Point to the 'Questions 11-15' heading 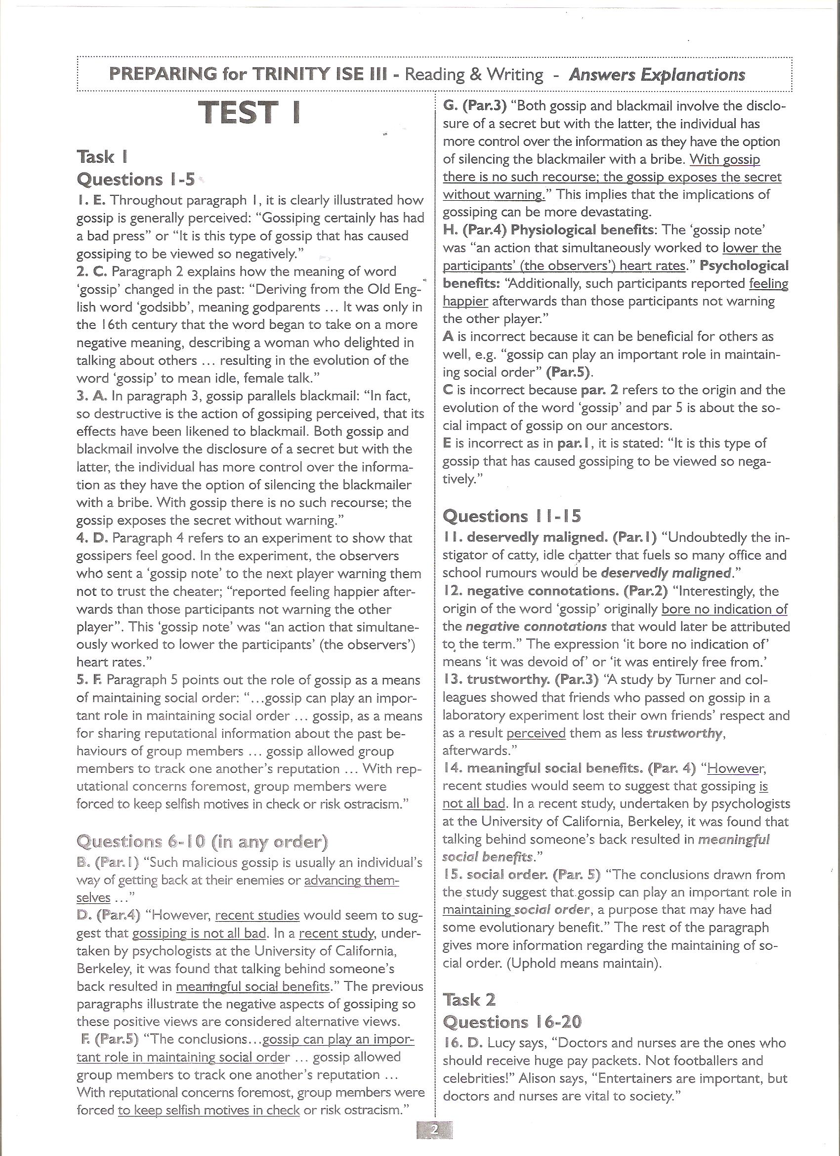[511, 516]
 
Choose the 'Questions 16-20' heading [512, 1022]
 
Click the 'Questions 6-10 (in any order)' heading [202, 841]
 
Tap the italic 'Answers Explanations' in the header [657, 75]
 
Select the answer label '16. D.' [462, 1043]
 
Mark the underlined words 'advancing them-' [351, 880]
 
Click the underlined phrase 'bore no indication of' [724, 609]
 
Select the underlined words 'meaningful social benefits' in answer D [252, 986]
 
